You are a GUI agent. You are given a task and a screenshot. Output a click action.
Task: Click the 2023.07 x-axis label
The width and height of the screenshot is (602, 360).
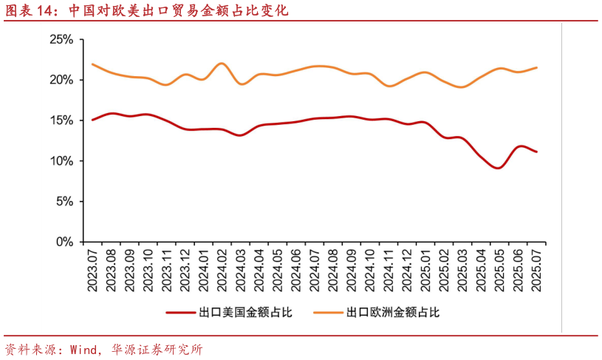click(x=93, y=271)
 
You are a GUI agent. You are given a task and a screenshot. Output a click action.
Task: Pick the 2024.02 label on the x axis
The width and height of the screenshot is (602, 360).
click(x=222, y=271)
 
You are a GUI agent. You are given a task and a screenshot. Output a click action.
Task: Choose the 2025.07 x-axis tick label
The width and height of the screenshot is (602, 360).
click(x=536, y=271)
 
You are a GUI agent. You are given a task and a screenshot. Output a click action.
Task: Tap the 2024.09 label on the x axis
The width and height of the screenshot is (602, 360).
click(x=352, y=271)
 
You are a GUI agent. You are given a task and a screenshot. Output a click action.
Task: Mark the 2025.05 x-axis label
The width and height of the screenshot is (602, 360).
click(x=499, y=271)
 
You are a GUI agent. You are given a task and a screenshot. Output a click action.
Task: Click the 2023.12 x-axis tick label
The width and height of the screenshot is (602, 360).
click(x=185, y=271)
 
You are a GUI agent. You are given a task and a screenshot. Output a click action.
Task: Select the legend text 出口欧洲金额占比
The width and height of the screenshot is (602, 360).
click(x=393, y=313)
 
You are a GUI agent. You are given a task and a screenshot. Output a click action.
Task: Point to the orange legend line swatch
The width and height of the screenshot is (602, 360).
click(x=327, y=313)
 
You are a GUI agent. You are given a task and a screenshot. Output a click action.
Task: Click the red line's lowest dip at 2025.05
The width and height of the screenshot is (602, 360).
click(x=499, y=168)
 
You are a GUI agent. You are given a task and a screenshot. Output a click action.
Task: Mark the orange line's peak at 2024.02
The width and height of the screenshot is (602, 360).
click(x=222, y=64)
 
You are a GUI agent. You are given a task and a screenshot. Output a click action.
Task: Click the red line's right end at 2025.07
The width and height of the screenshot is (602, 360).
click(x=537, y=152)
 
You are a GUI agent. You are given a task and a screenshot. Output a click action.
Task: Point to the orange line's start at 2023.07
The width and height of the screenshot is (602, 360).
click(x=92, y=64)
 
